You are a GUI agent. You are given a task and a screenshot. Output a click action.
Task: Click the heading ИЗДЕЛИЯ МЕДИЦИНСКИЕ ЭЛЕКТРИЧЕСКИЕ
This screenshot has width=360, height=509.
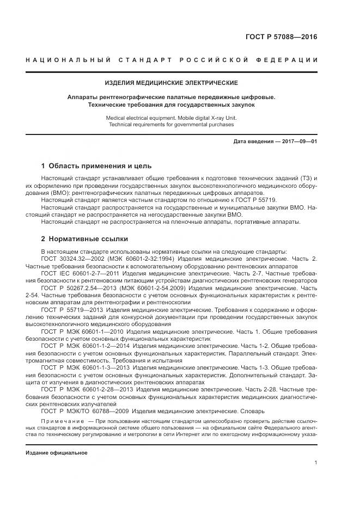tap(172, 83)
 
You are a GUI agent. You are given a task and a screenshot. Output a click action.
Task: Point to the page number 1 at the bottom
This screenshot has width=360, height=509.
tap(316, 462)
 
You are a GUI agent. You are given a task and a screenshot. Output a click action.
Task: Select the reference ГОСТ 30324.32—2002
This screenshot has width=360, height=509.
tap(74, 259)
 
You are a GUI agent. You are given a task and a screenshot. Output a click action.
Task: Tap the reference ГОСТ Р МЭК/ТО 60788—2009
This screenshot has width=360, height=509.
tap(83, 410)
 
